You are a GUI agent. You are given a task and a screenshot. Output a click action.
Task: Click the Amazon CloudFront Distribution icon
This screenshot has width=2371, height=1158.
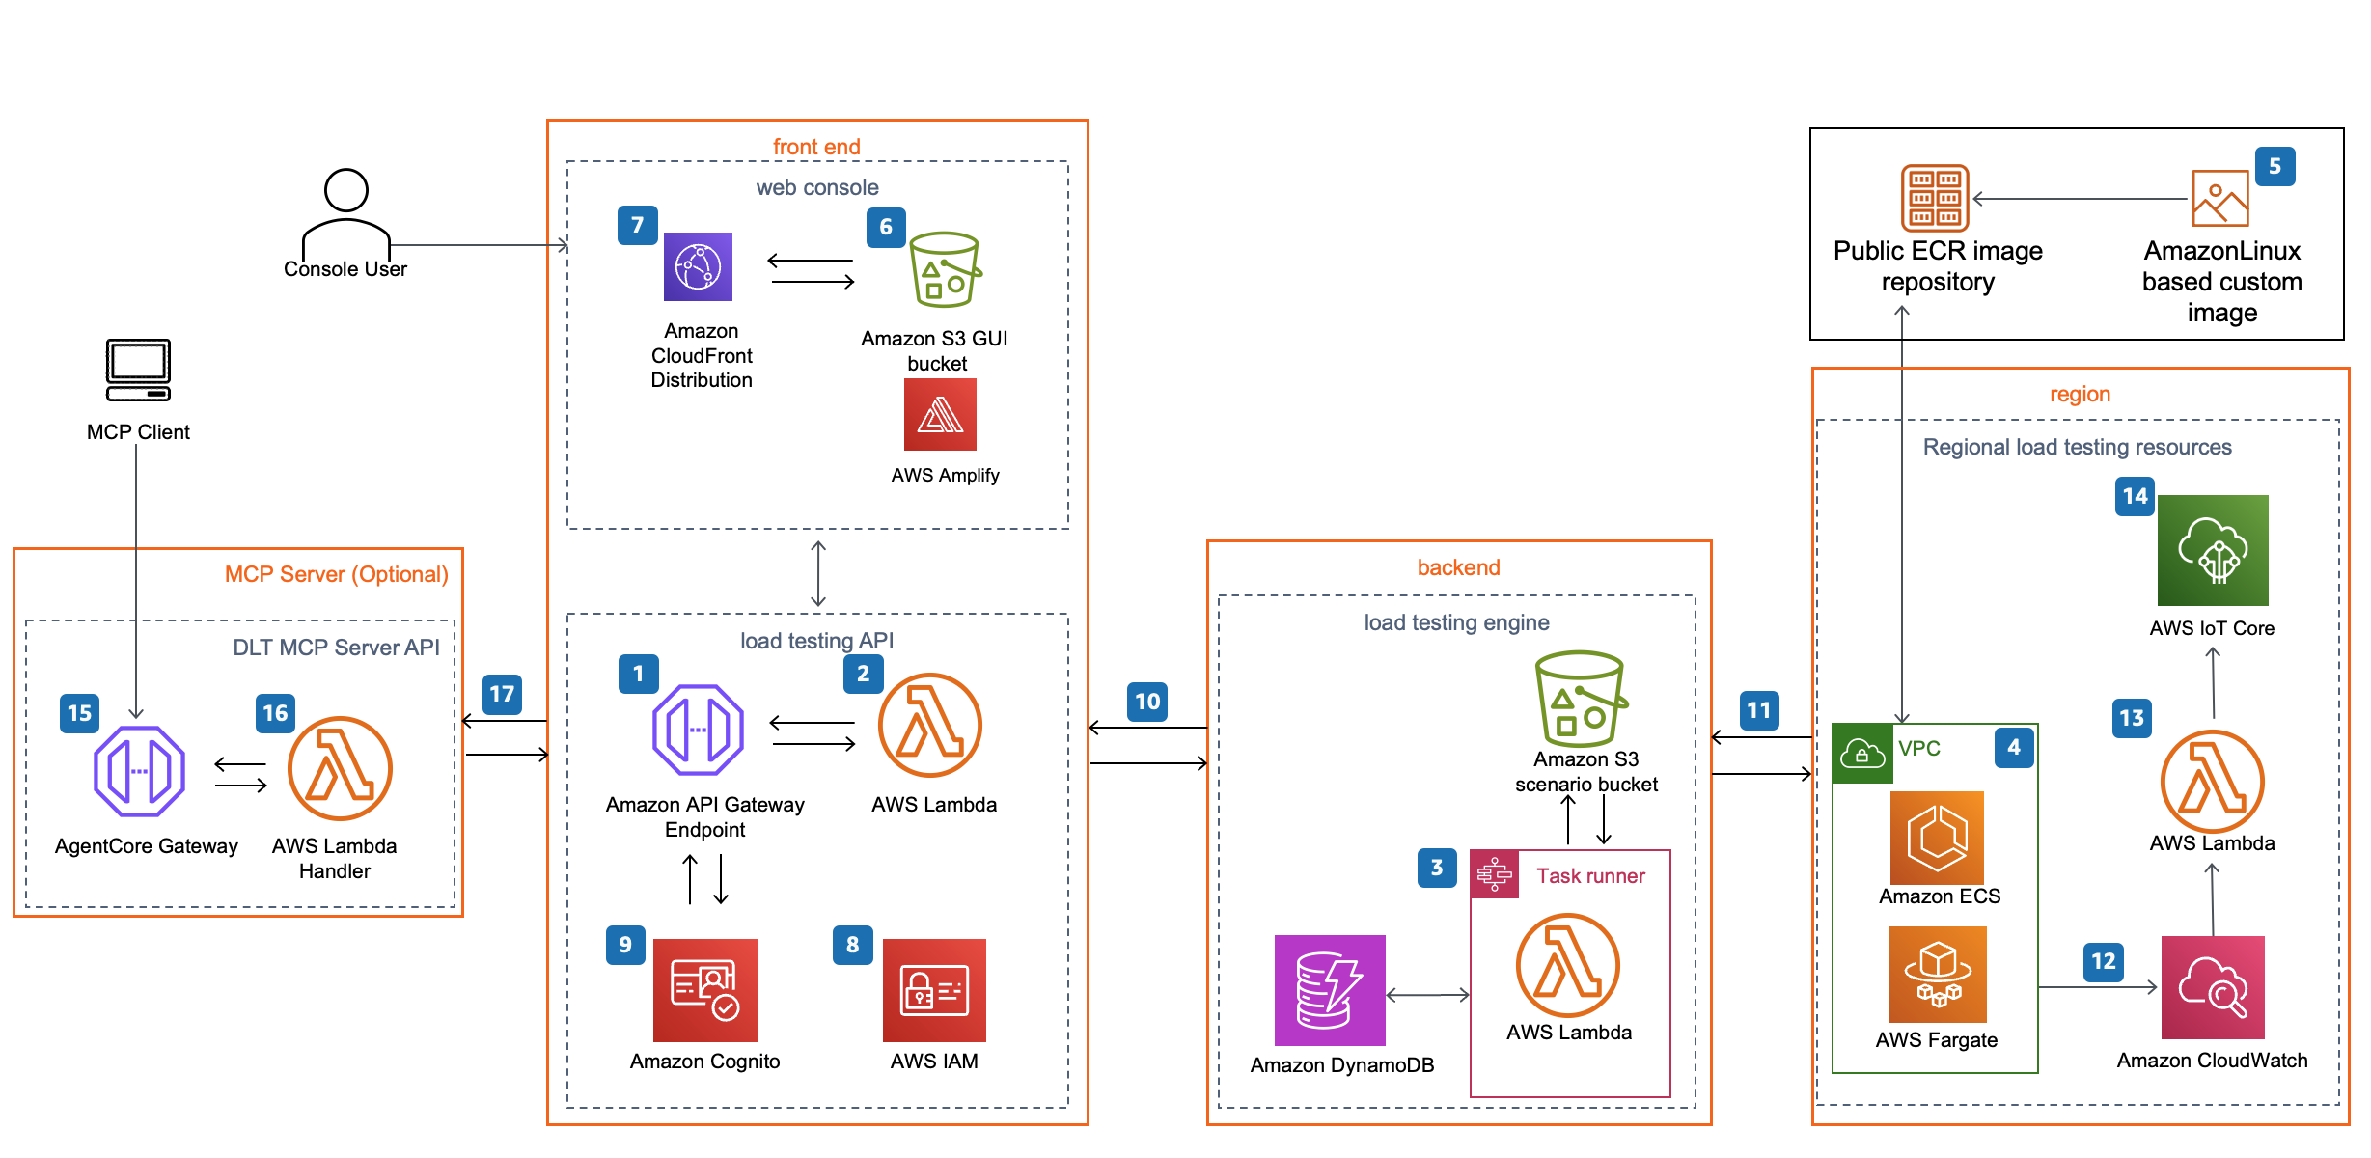pyautogui.click(x=698, y=266)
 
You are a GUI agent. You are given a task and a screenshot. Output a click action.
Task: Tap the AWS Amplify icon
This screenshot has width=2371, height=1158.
pyautogui.click(x=940, y=414)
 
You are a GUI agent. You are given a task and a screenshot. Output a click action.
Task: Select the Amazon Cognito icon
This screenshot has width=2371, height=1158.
pyautogui.click(x=704, y=990)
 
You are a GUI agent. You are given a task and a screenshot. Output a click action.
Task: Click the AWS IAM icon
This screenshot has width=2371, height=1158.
pyautogui.click(x=934, y=990)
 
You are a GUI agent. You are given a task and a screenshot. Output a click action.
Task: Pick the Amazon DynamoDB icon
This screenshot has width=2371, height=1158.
pyautogui.click(x=1330, y=990)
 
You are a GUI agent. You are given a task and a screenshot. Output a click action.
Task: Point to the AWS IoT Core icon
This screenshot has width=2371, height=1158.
pyautogui.click(x=2213, y=550)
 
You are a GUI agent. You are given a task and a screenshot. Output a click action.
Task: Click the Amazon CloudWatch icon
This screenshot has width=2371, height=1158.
pyautogui.click(x=2213, y=987)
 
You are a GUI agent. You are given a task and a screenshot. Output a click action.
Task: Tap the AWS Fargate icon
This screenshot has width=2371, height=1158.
pyautogui.click(x=1938, y=975)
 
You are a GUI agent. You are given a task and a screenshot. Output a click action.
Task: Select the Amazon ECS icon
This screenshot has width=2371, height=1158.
pyautogui.click(x=1937, y=838)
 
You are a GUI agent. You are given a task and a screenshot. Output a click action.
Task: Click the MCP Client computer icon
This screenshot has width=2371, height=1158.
pyautogui.click(x=138, y=370)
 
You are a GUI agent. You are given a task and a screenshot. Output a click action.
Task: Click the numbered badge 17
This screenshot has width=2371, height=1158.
pyautogui.click(x=502, y=694)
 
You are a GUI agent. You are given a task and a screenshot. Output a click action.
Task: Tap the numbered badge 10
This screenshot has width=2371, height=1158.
pyautogui.click(x=1147, y=702)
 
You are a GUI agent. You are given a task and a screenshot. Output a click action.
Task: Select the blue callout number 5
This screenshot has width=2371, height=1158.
pyautogui.click(x=2275, y=166)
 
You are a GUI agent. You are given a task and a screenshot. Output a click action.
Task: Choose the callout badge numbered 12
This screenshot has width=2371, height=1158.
pyautogui.click(x=2104, y=961)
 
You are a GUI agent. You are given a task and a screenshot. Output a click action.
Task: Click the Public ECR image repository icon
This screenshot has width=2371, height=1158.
pyautogui.click(x=1935, y=198)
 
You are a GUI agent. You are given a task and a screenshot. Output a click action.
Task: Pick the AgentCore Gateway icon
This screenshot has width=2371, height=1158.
pyautogui.click(x=139, y=771)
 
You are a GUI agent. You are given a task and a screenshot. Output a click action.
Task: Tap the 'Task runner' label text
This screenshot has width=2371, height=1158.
pyautogui.click(x=1590, y=875)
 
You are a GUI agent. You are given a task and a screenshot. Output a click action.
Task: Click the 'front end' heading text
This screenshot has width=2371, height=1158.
pyautogui.click(x=816, y=147)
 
